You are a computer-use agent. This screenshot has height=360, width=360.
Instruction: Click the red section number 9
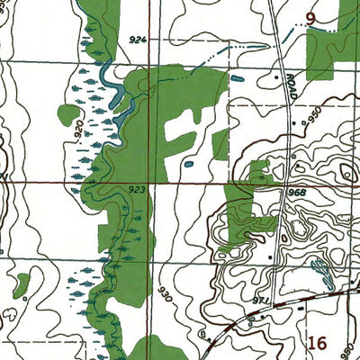(x=310, y=17)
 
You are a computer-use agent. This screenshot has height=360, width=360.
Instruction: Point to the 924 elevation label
(x=137, y=40)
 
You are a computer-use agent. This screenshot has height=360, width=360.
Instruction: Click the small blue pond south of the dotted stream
(x=237, y=79)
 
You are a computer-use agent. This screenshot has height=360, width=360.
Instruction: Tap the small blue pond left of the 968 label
(x=188, y=166)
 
